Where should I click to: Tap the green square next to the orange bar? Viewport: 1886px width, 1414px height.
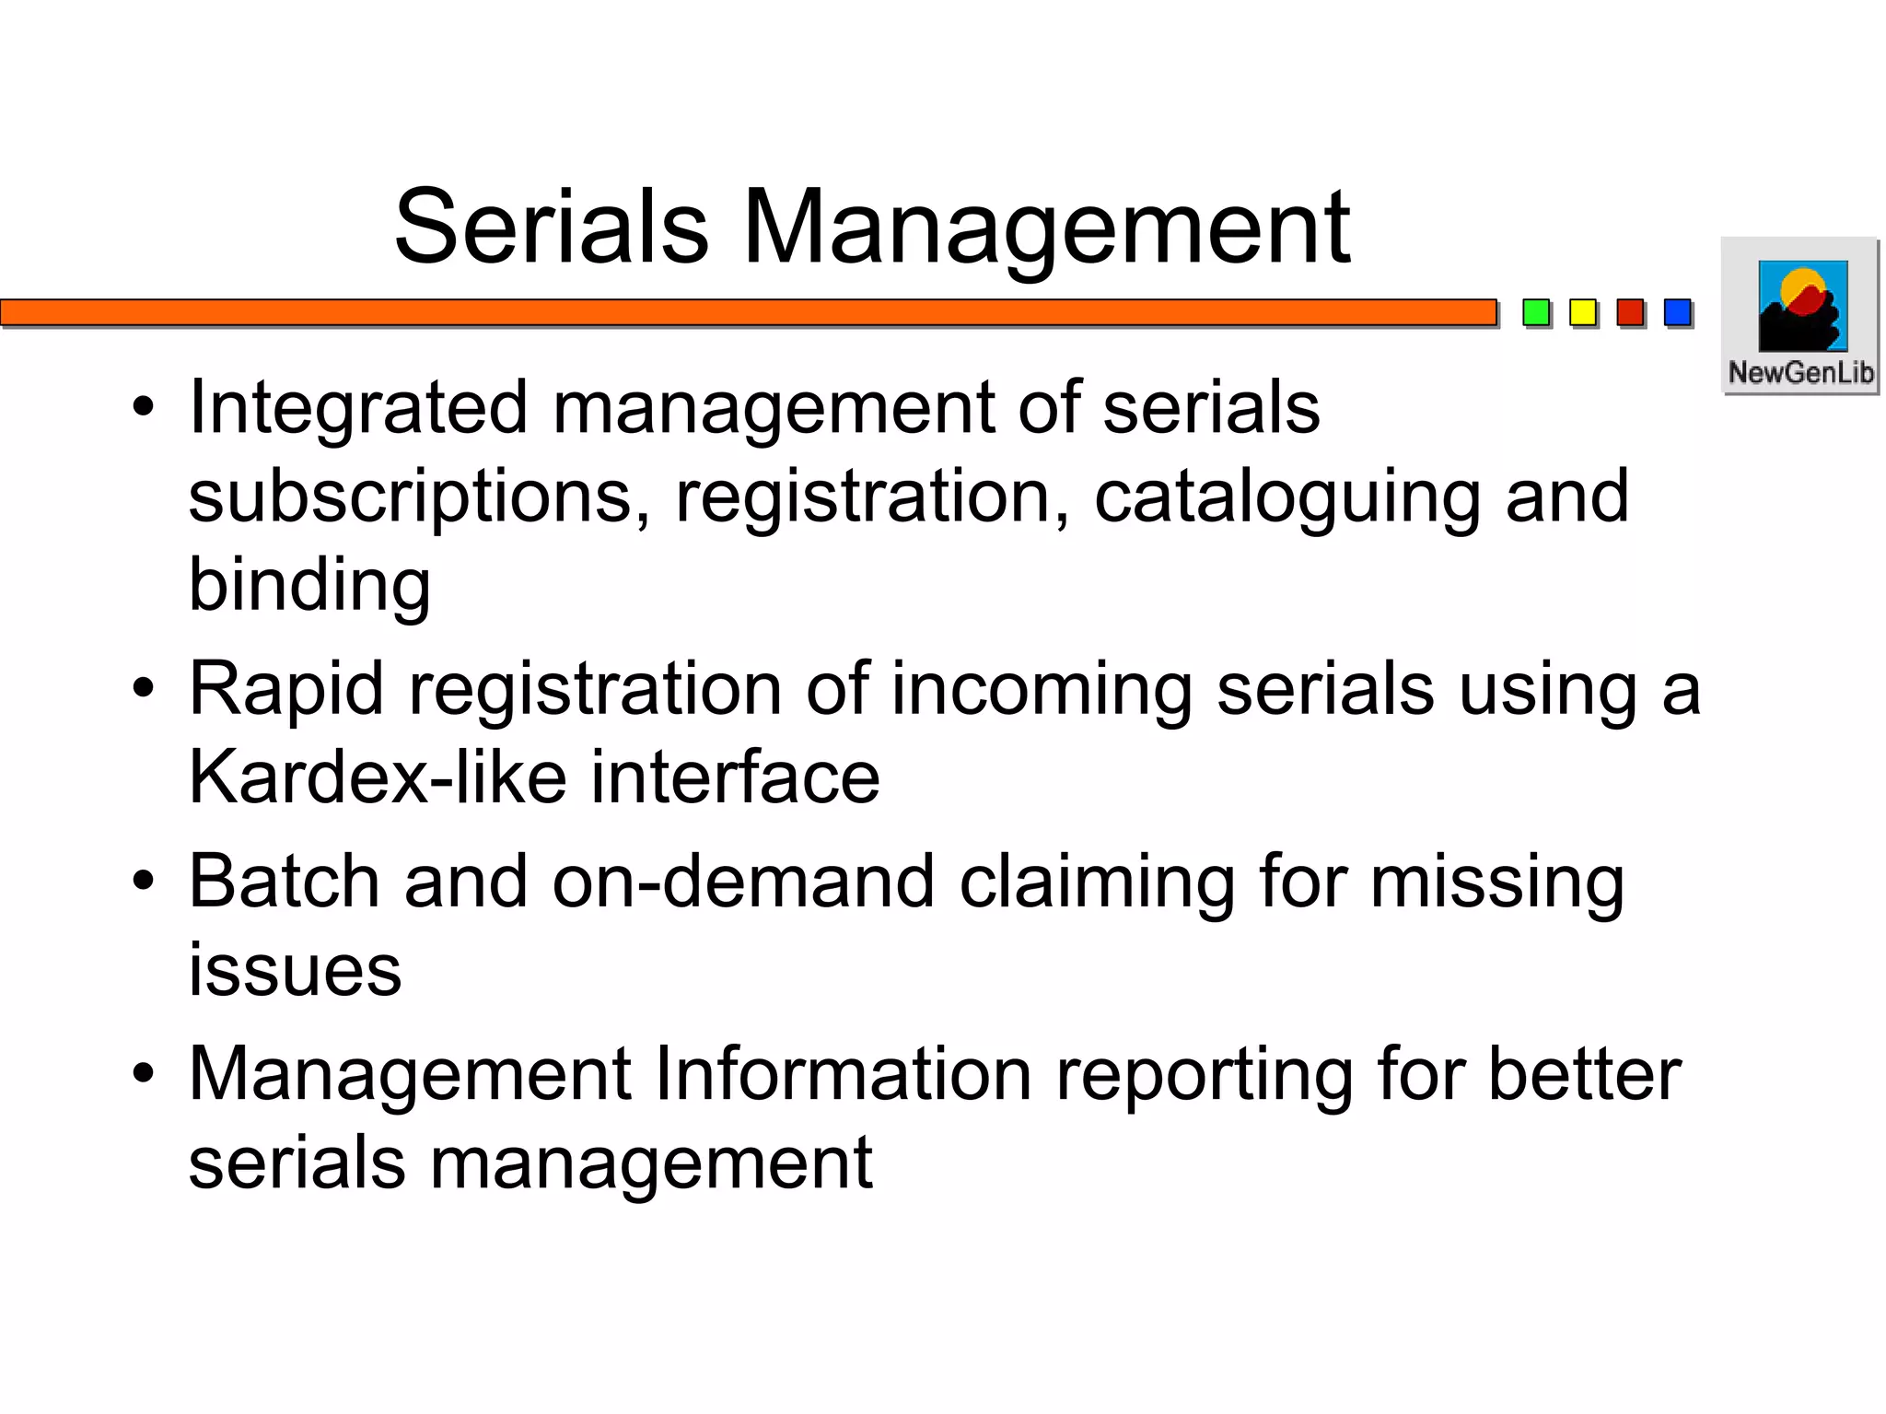pyautogui.click(x=1535, y=313)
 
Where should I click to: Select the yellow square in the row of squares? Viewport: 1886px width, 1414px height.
pyautogui.click(x=1582, y=313)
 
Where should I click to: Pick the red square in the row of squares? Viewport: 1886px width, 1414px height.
pyautogui.click(x=1630, y=313)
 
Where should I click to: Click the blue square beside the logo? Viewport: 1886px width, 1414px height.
pyautogui.click(x=1677, y=313)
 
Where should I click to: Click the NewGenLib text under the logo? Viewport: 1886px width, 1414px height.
pyautogui.click(x=1800, y=372)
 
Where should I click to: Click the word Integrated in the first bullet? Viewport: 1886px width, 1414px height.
pyautogui.click(x=358, y=408)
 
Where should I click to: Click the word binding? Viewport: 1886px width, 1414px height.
pyautogui.click(x=309, y=586)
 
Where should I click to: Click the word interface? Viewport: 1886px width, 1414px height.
pyautogui.click(x=735, y=777)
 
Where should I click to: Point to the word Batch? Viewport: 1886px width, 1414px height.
pyautogui.click(x=284, y=882)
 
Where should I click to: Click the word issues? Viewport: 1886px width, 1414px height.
pyautogui.click(x=295, y=970)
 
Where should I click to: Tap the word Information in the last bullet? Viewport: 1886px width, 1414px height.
pyautogui.click(x=843, y=1074)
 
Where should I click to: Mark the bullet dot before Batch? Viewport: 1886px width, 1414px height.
pyautogui.click(x=143, y=882)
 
